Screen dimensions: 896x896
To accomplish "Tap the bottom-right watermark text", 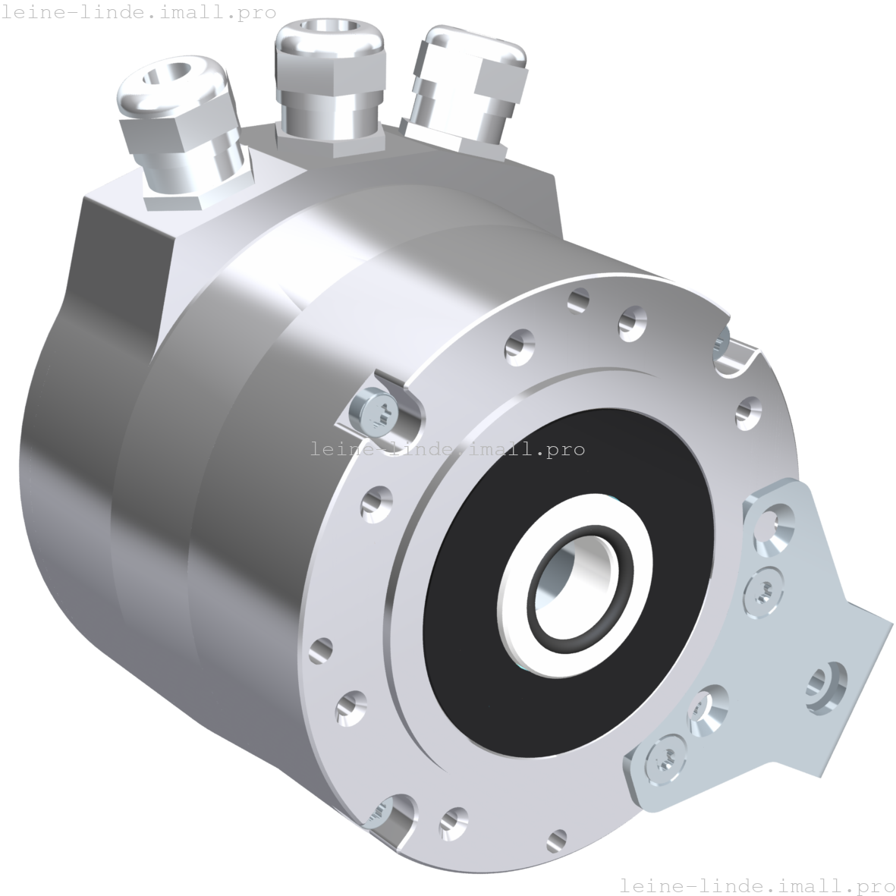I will tap(756, 885).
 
